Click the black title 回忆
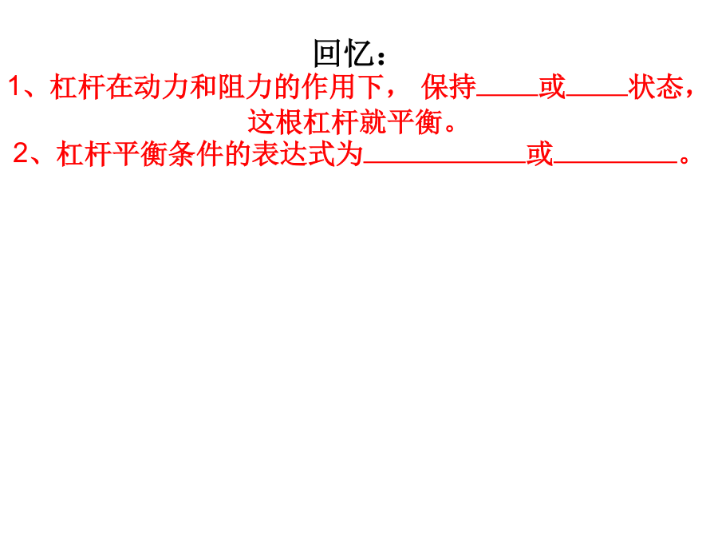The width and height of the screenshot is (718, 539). tap(343, 54)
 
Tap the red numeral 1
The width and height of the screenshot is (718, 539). tap(14, 86)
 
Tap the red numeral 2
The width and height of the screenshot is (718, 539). tap(21, 153)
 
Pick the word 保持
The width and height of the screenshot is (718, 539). tap(448, 86)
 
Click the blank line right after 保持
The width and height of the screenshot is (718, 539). tap(507, 95)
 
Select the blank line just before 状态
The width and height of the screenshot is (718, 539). tap(597, 95)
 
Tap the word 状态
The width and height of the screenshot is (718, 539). tap(656, 86)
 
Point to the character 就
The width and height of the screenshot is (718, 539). tap(373, 122)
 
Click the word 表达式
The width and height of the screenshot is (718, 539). tap(294, 153)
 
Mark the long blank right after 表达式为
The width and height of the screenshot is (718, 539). tap(445, 162)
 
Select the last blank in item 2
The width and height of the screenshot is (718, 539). tap(615, 162)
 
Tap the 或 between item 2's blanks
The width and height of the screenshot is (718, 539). tap(540, 153)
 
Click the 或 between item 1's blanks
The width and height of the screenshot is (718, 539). tap(552, 86)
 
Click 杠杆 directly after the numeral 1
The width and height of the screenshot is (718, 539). tap(77, 86)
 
